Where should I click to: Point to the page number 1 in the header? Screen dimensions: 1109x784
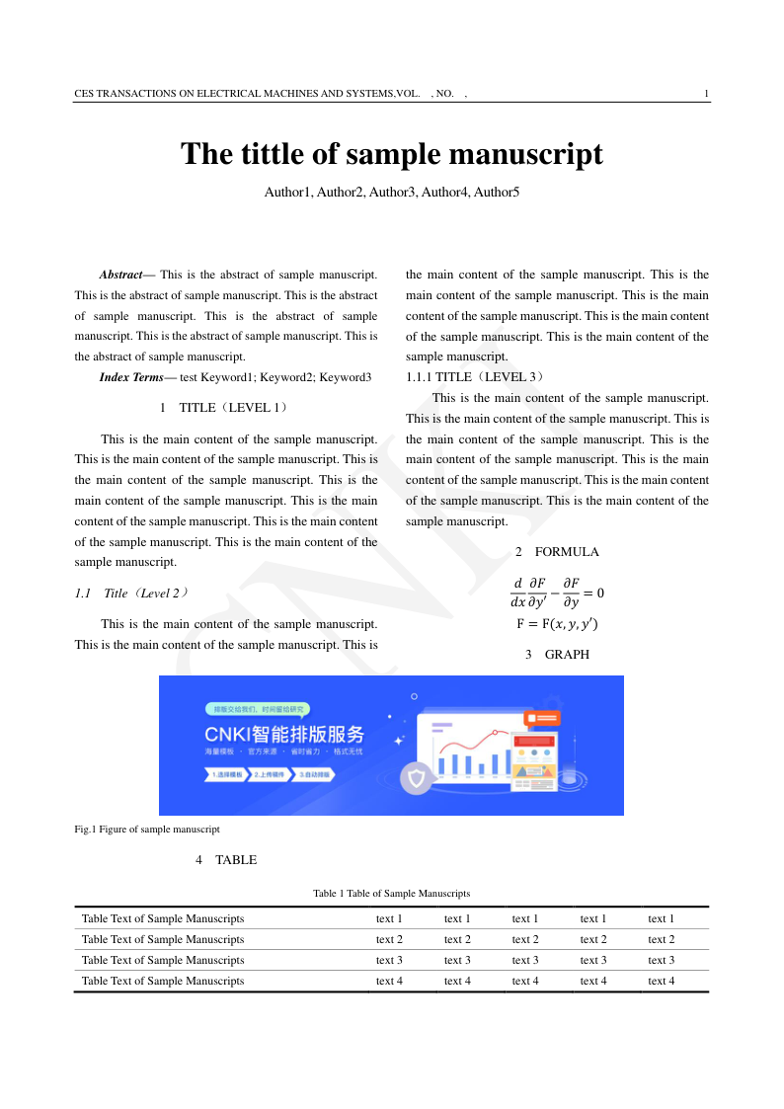tap(706, 94)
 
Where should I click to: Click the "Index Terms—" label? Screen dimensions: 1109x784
tap(137, 377)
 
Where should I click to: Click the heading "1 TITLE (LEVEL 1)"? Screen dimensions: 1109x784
tap(225, 408)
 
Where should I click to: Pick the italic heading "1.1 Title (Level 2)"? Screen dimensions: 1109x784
tap(130, 594)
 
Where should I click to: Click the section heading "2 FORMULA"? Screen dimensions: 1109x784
tap(557, 552)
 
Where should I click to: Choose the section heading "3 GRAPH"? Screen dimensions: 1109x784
tap(557, 655)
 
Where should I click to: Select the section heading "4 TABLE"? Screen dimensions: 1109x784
tap(226, 860)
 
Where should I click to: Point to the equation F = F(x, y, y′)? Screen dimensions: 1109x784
tap(557, 624)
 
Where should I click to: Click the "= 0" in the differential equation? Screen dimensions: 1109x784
tap(593, 594)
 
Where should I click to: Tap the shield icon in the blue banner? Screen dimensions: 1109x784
tap(417, 779)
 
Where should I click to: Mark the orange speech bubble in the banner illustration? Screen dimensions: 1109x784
tap(543, 718)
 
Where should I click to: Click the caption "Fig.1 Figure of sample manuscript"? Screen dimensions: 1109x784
tap(147, 830)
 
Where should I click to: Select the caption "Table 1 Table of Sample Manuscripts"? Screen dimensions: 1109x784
tap(391, 894)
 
